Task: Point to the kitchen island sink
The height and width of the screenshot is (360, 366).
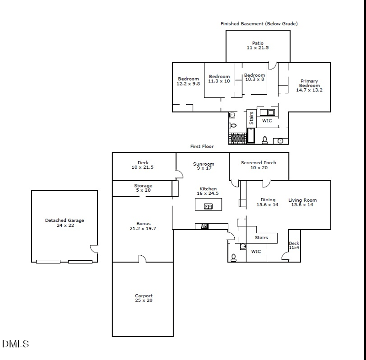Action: pos(208,206)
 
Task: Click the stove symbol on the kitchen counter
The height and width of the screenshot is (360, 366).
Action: pos(205,226)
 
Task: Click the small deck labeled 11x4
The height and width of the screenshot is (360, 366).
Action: pos(294,246)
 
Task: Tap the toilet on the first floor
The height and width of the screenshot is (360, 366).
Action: pos(233,258)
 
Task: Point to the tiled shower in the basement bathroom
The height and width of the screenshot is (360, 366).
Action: pos(237,137)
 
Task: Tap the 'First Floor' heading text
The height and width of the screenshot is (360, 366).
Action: pos(202,146)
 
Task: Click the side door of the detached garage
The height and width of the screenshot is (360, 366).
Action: pos(94,249)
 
